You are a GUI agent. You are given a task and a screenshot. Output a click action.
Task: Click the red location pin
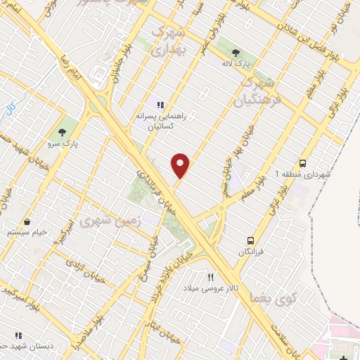[181, 165]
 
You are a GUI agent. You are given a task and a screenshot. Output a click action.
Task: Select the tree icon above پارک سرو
[63, 131]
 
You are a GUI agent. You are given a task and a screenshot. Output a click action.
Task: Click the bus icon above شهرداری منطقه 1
[302, 161]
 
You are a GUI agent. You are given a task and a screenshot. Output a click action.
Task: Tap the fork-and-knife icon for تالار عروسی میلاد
[210, 277]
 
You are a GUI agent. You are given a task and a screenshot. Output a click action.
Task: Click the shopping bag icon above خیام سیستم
[27, 221]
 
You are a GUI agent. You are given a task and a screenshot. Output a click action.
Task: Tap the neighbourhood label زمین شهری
[99, 221]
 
